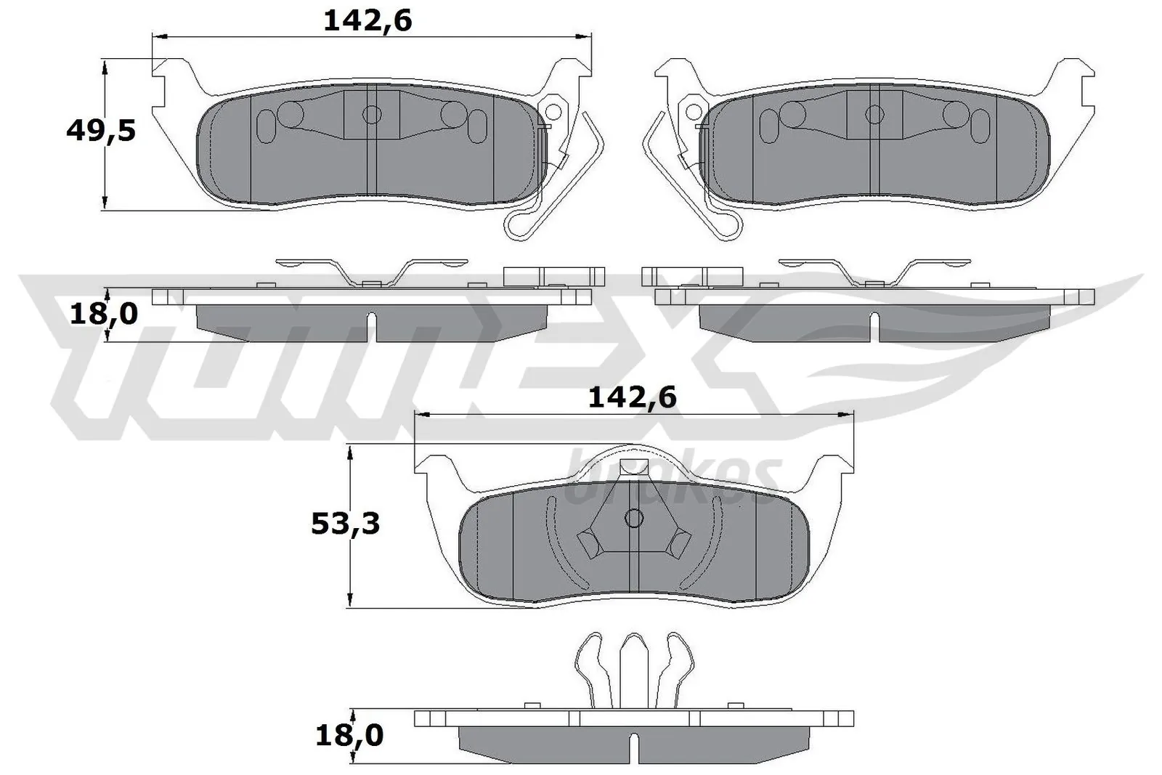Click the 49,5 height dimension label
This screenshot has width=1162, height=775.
100,131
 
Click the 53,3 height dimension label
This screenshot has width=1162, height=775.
345,524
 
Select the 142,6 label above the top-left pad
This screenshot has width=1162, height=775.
367,22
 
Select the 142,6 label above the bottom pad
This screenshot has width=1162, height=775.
632,397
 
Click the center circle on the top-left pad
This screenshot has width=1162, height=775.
372,114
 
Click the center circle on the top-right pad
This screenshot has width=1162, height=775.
874,114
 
